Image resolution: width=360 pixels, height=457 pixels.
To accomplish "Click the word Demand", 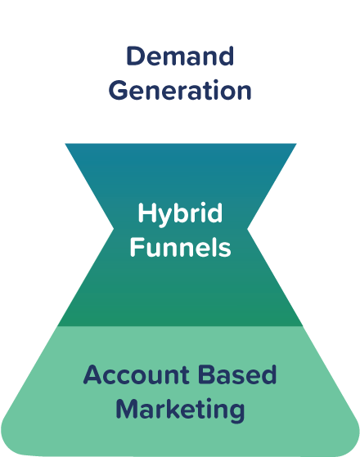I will (180, 57).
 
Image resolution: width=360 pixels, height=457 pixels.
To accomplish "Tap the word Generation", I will (180, 89).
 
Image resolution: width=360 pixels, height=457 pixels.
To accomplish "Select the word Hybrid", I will (180, 214).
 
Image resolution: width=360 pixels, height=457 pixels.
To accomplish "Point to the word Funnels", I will (180, 246).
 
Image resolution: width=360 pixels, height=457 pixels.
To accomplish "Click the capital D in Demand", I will (135, 57).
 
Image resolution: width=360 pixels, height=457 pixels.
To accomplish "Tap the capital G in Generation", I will (119, 89).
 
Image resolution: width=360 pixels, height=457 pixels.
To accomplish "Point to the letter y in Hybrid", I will (160, 217).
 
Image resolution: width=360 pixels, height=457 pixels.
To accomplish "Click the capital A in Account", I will (92, 376).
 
